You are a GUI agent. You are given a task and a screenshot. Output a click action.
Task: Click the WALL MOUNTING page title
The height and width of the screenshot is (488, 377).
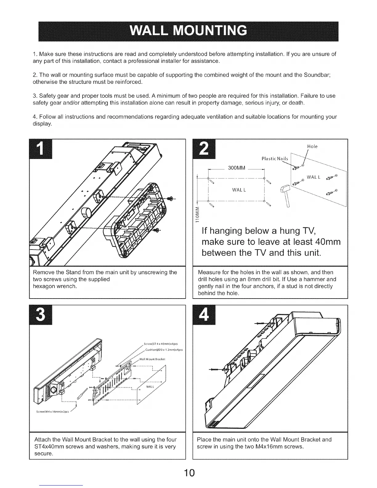(x=188, y=31)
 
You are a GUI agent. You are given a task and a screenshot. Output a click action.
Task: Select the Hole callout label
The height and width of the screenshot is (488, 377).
(x=312, y=147)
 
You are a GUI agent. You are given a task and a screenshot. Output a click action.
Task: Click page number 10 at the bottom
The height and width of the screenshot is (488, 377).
(x=188, y=473)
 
